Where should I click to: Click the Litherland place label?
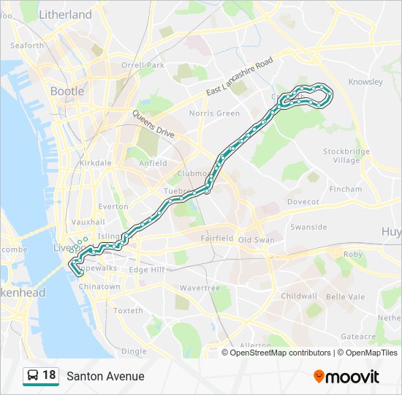click(x=65, y=15)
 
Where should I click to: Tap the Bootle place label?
click(x=67, y=91)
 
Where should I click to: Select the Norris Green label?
click(x=214, y=113)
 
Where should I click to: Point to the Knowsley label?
click(x=365, y=82)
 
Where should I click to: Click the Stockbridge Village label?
click(x=346, y=156)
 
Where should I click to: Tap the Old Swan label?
click(x=255, y=239)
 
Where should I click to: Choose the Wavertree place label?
click(x=200, y=288)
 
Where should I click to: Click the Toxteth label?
click(x=129, y=311)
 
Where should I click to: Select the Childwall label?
click(x=299, y=296)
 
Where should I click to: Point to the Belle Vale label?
click(x=345, y=296)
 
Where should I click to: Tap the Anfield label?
click(x=153, y=163)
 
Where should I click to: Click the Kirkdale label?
click(x=96, y=163)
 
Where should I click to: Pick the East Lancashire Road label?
click(x=239, y=76)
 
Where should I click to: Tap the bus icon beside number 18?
click(x=33, y=376)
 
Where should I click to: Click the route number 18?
click(x=49, y=376)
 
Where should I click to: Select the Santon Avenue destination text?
click(x=105, y=377)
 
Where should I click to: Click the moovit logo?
click(x=346, y=376)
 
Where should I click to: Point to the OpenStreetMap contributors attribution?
click(x=280, y=353)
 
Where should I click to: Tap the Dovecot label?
click(x=303, y=201)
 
